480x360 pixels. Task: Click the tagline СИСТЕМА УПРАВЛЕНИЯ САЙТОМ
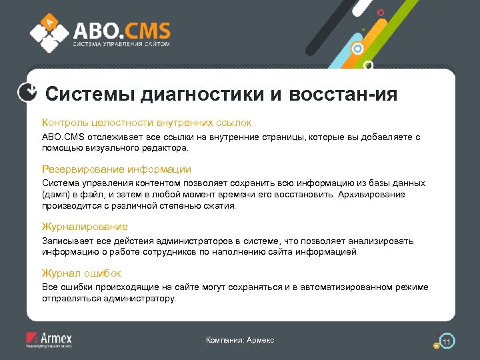point(121,44)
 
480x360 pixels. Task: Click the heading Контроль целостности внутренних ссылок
point(146,123)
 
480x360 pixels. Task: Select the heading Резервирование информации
point(116,169)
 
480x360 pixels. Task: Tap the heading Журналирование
point(85,227)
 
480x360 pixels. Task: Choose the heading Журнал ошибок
point(81,273)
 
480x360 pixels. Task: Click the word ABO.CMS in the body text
point(61,137)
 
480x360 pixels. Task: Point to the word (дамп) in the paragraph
point(56,194)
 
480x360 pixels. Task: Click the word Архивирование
point(372,194)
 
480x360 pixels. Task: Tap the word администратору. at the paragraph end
point(141,299)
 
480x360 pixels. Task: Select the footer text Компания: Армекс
point(240,340)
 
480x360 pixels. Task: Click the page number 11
point(447,341)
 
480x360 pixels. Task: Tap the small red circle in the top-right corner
point(381,13)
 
